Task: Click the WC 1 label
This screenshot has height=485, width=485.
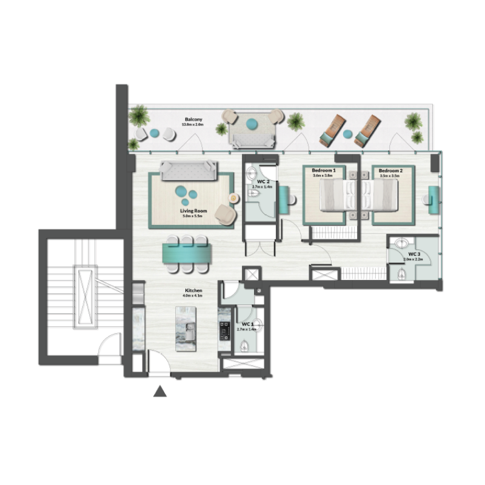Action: click(247, 325)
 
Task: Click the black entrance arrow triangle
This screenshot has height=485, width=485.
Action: click(159, 392)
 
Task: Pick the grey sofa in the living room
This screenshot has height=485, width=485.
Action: click(189, 172)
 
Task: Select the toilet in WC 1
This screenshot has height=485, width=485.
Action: click(244, 346)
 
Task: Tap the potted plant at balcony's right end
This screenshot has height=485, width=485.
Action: click(414, 125)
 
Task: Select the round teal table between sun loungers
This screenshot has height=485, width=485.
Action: click(348, 133)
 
